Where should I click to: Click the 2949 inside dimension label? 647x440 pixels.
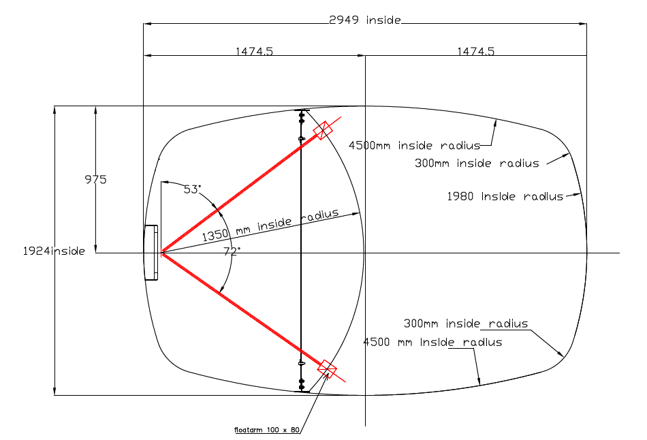364,20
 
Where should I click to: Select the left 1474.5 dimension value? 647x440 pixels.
254,51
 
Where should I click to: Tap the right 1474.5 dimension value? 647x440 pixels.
475,51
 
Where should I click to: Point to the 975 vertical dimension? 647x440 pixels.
95,180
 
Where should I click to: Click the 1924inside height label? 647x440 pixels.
53,251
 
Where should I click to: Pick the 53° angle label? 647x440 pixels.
193,189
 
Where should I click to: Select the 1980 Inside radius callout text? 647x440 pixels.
505,196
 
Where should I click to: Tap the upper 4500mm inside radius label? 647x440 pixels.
414,145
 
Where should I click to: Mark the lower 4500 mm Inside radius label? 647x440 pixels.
433,342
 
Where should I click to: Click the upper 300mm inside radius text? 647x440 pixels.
477,163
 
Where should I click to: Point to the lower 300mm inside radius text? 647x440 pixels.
466,324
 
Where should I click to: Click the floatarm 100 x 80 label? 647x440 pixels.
266,430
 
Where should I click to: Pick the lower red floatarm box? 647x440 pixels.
327,368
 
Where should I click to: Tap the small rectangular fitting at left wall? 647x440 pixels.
151,253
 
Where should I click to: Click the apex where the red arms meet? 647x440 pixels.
161,253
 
